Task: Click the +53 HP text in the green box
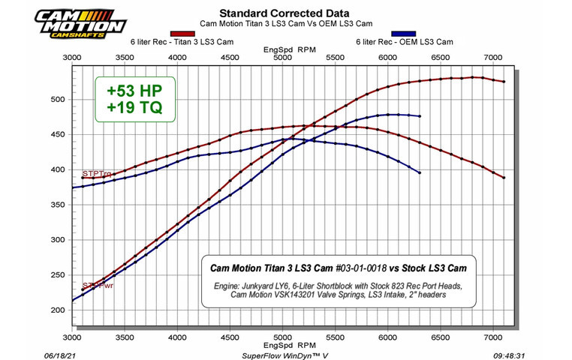(x=134, y=91)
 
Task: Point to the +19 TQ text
(x=134, y=109)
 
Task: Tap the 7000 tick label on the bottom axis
(x=492, y=337)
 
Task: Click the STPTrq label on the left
(x=96, y=174)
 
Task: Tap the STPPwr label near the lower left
(x=98, y=285)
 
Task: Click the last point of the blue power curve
(x=420, y=116)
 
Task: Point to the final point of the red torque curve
(x=504, y=178)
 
